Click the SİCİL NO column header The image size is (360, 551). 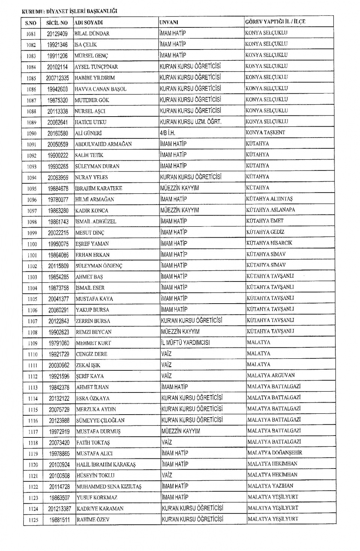click(x=57, y=23)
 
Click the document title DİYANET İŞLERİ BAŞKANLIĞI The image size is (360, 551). click(x=81, y=11)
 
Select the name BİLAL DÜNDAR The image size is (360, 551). click(x=92, y=34)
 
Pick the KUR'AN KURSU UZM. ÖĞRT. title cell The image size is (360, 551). click(x=190, y=122)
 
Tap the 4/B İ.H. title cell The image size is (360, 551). click(x=167, y=133)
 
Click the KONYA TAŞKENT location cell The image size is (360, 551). click(x=265, y=133)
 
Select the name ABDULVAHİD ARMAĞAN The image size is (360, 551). click(x=103, y=144)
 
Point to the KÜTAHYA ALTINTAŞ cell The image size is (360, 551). click(x=269, y=199)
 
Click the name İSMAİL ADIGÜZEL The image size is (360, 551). click(x=96, y=222)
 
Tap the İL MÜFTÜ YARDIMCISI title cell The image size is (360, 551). click(x=185, y=343)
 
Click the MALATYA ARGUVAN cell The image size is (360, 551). click(x=271, y=375)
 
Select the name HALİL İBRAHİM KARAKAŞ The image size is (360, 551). click(x=106, y=464)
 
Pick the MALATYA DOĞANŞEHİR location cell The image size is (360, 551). click(x=274, y=453)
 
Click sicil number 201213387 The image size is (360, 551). click(x=59, y=509)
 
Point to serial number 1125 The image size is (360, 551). click(x=33, y=520)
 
